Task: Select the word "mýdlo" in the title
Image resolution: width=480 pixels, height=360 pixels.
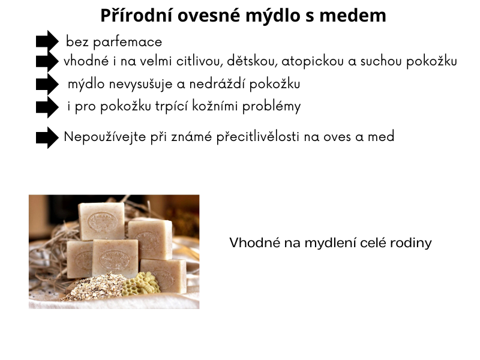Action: [271, 16]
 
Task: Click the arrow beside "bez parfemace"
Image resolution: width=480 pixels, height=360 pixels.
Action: [47, 41]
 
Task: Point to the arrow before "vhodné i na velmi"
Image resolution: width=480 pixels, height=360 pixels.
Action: [47, 61]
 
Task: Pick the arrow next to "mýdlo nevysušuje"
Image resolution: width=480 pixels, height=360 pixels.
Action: [47, 85]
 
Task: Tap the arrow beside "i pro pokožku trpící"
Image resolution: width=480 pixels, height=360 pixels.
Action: [47, 107]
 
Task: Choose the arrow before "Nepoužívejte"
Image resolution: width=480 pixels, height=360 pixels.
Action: [47, 137]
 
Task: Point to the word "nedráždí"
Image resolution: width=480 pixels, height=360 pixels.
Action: [212, 84]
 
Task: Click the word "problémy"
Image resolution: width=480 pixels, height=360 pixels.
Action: [272, 107]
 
